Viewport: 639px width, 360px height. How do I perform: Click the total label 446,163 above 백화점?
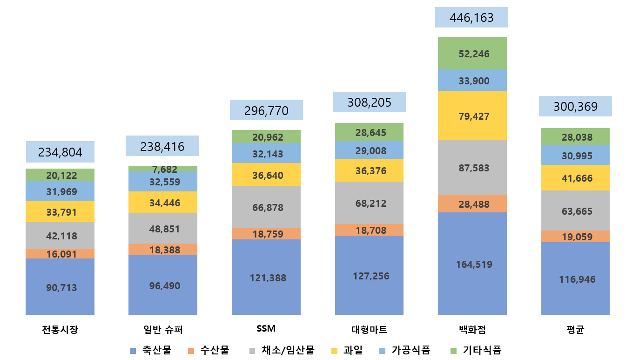471,18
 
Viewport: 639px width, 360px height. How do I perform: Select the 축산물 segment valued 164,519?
472,264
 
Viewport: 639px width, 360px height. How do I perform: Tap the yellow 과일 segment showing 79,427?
472,116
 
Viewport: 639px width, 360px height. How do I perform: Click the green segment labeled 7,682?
163,169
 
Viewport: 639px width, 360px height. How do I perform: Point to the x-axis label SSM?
266,328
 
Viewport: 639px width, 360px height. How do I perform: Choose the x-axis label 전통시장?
60,330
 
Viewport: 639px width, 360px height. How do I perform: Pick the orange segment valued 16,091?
60,254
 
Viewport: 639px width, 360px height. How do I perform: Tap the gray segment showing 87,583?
472,168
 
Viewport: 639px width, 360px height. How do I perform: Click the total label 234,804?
60,152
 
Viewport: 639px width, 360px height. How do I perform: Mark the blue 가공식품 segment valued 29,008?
369,149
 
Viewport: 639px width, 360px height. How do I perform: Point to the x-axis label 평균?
575,330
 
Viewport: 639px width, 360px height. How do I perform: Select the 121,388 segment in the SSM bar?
266,278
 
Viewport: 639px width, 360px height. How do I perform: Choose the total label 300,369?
575,107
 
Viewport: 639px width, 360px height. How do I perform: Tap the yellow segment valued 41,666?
575,177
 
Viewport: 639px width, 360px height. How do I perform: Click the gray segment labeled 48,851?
163,229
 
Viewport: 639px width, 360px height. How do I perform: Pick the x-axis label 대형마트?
369,330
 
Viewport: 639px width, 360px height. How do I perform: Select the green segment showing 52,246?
472,54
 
